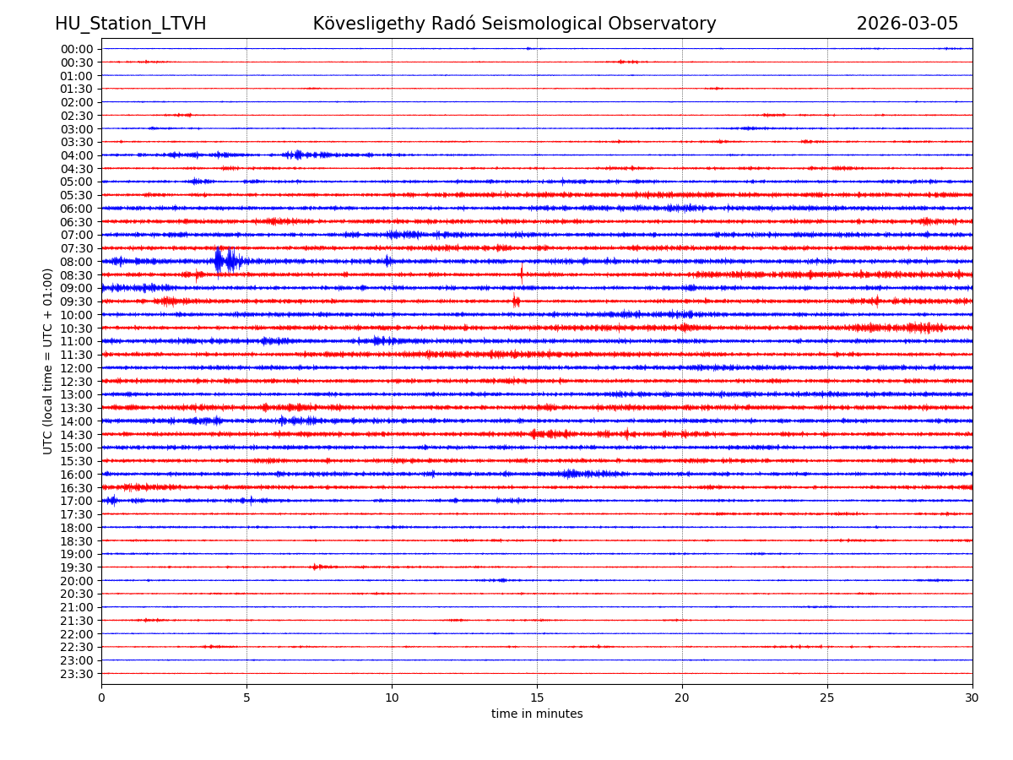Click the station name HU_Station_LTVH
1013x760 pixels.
click(x=130, y=24)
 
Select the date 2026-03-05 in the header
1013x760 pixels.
click(x=907, y=24)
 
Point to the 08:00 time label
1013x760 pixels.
click(x=76, y=262)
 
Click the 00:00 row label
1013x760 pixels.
click(x=76, y=49)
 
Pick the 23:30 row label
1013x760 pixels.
click(x=76, y=674)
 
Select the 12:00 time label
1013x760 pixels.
click(x=76, y=368)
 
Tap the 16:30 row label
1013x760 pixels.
click(x=76, y=488)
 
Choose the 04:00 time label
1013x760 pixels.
click(x=76, y=155)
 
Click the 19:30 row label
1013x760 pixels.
click(x=76, y=567)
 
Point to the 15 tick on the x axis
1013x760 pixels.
click(x=537, y=698)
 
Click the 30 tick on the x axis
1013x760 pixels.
click(x=972, y=698)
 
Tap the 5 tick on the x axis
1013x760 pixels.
click(x=246, y=698)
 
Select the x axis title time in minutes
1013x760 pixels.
click(x=537, y=714)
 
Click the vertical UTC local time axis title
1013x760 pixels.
click(x=48, y=361)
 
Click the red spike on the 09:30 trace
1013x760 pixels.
click(x=516, y=301)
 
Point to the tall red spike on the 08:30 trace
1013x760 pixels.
click(x=522, y=273)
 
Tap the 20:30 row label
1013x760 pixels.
click(x=76, y=594)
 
